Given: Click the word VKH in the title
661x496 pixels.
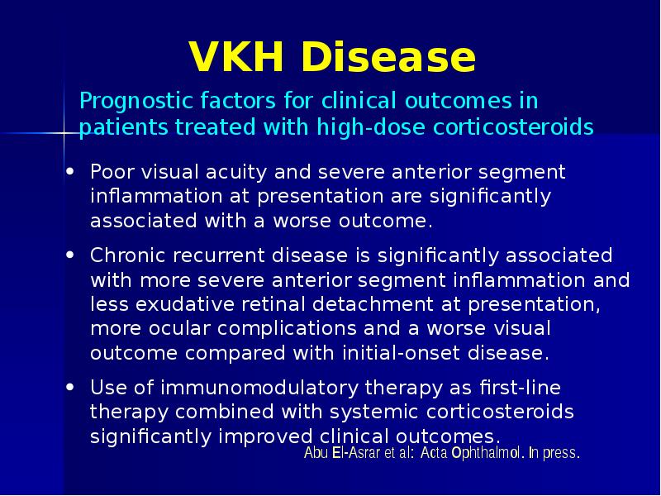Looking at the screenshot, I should [237, 58].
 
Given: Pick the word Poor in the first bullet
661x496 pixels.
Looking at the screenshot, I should [110, 172].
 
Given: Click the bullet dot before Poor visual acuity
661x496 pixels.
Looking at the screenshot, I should [70, 173].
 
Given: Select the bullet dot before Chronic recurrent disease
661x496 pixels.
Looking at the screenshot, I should [70, 255].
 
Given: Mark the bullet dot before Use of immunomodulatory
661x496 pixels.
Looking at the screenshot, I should [70, 387].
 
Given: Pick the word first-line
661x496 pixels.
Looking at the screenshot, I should [513, 387].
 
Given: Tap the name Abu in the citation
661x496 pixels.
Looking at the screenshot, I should [317, 454].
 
